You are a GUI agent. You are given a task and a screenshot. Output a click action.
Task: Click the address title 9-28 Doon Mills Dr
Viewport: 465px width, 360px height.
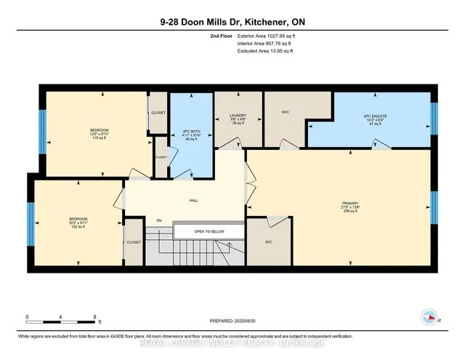pos(232,22)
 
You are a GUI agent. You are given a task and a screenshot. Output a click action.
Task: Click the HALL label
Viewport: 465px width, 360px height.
pos(194,200)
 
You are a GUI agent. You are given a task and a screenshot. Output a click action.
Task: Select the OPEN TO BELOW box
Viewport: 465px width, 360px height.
pos(209,231)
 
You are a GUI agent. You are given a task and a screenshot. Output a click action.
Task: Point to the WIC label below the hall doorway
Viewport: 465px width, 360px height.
pos(268,241)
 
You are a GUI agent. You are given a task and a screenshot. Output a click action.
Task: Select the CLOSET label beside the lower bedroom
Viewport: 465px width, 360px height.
pos(133,242)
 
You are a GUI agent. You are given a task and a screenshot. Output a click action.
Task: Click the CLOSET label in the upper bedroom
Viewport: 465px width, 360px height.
pos(158,113)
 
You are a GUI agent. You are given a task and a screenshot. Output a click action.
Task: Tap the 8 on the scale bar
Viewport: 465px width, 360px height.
pos(96,316)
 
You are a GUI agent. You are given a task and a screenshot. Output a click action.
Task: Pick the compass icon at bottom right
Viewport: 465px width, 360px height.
pos(429,317)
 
